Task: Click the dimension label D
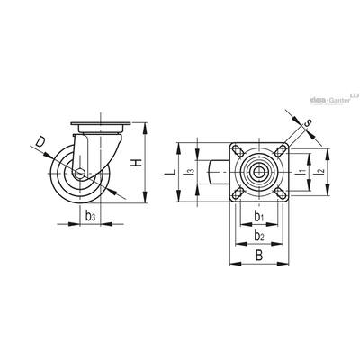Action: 40,141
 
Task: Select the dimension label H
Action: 137,163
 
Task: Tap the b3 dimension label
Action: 91,216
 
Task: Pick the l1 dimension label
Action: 302,171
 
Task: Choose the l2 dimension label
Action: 320,171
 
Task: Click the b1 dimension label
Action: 259,216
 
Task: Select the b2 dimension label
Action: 259,236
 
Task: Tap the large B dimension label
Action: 259,256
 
